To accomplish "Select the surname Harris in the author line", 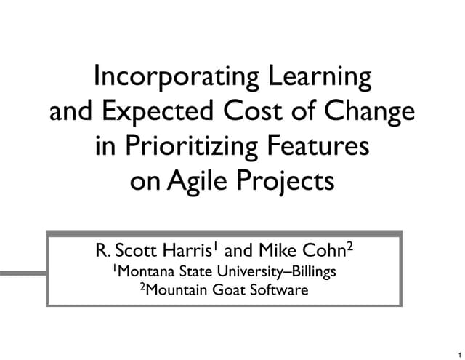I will (185, 252).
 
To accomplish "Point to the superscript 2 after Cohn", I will (349, 247).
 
